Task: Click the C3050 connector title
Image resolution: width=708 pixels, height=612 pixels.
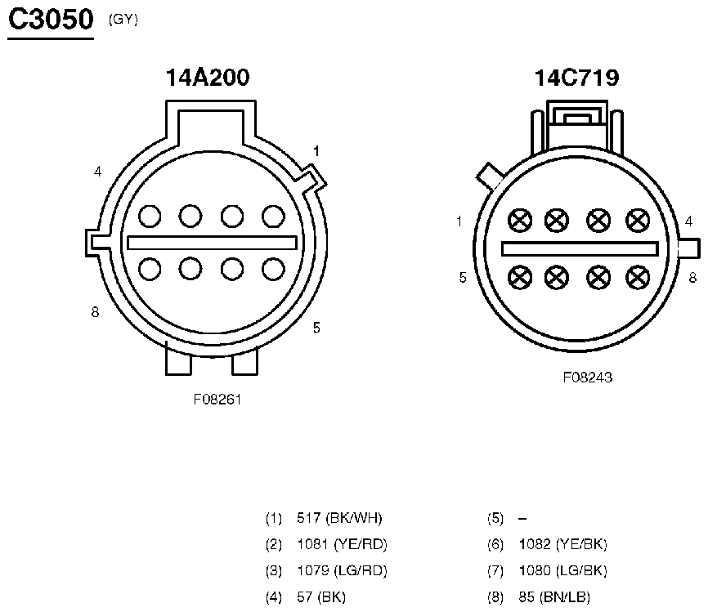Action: [51, 20]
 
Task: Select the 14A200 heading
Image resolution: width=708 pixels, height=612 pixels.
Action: [208, 77]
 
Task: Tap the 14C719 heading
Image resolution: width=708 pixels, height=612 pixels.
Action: [576, 78]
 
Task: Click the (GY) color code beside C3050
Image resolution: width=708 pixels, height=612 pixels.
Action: [123, 20]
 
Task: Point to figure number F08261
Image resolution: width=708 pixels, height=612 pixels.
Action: [217, 400]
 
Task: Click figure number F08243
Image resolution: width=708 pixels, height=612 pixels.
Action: [588, 377]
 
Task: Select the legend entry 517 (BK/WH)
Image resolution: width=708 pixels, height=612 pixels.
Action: [339, 518]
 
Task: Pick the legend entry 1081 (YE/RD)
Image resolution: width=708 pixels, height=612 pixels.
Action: [342, 544]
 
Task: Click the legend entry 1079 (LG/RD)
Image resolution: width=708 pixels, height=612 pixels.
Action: [342, 571]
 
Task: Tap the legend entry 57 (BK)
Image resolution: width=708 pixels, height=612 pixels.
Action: [321, 597]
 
